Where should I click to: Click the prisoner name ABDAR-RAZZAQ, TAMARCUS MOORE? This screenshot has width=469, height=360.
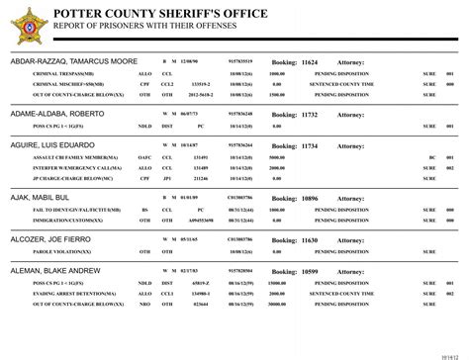tap(74, 61)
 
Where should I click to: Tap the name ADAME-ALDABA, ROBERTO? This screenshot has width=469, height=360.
tap(55, 114)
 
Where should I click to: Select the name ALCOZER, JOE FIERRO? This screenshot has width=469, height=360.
tap(50, 240)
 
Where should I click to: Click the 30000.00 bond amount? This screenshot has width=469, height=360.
tap(278, 305)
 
